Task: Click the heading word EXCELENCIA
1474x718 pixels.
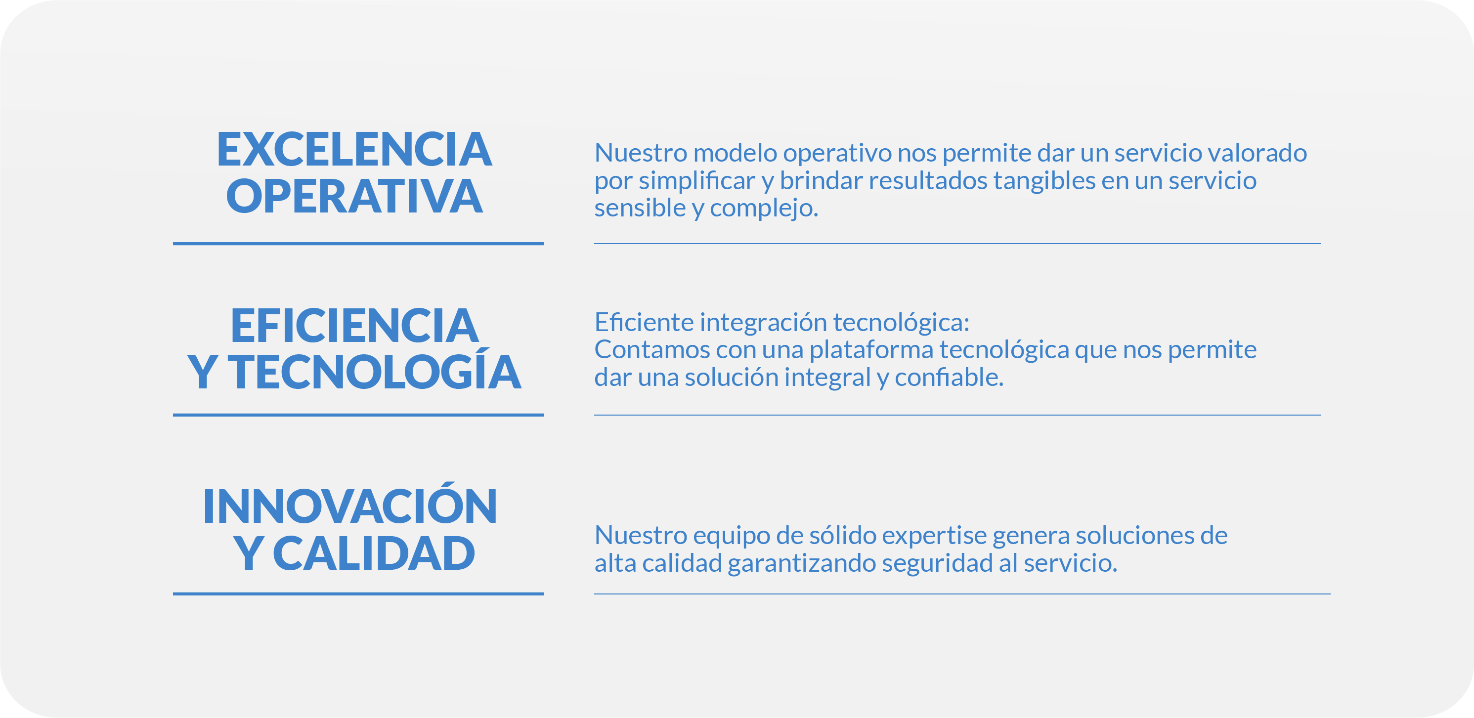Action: click(x=354, y=149)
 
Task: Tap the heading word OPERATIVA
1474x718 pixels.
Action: click(x=354, y=196)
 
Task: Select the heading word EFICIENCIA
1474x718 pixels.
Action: click(x=354, y=326)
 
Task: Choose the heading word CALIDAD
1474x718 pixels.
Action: click(x=374, y=553)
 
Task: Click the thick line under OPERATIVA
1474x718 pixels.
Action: click(x=358, y=244)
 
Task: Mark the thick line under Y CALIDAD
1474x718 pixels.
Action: click(x=358, y=594)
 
